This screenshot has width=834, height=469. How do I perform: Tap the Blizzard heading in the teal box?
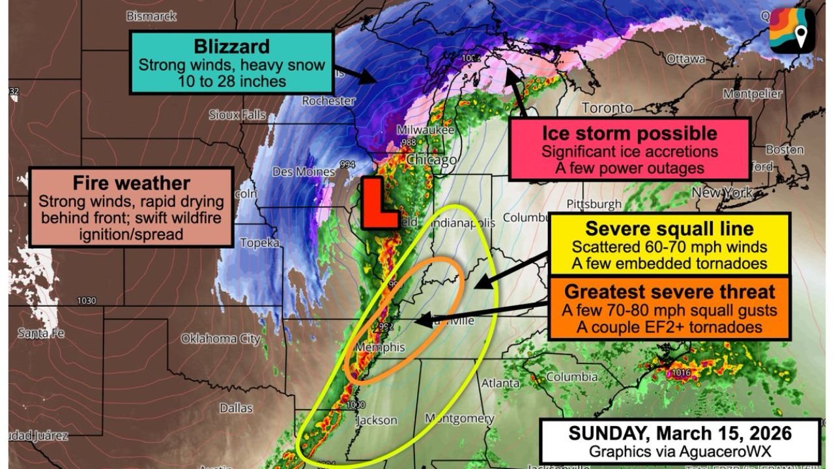[231, 47]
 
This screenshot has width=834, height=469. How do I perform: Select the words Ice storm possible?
[629, 134]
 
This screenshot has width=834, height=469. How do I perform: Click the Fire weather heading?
[131, 182]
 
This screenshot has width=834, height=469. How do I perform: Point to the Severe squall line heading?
[669, 229]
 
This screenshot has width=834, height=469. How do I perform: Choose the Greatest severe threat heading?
[669, 291]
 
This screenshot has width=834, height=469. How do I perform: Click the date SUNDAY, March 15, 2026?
[680, 434]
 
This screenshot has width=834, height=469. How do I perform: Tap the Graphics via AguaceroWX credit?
[680, 451]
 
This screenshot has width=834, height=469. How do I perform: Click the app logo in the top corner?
[792, 31]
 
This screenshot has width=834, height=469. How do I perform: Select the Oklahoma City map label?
[221, 339]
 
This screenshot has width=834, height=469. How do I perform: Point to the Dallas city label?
[236, 408]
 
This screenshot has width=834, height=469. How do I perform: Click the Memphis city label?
[380, 347]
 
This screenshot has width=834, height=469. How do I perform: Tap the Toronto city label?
[607, 107]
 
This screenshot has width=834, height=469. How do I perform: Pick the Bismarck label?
[151, 15]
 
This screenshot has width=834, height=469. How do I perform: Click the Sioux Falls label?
[237, 115]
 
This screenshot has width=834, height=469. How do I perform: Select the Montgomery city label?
[459, 418]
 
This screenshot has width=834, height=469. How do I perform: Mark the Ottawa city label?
[685, 59]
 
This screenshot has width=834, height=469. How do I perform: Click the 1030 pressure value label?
[85, 301]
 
